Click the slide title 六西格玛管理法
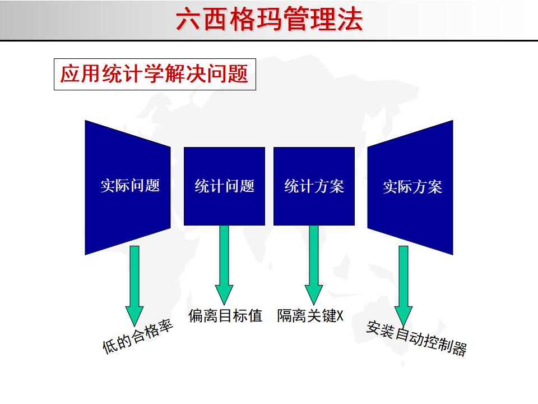click(269, 20)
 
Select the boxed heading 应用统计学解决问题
click(155, 75)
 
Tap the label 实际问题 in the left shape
click(130, 186)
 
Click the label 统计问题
click(224, 186)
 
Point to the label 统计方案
click(314, 186)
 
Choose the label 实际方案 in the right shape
click(412, 187)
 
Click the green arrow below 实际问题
click(134, 283)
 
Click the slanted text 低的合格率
click(137, 337)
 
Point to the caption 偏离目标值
click(225, 316)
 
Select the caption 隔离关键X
click(310, 316)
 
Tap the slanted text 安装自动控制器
click(416, 338)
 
